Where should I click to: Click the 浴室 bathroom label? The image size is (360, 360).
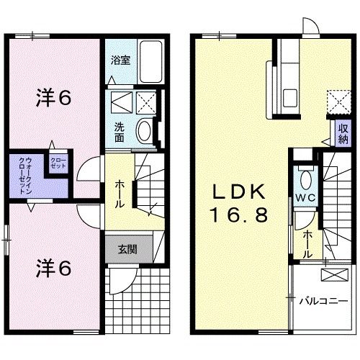click(x=120, y=61)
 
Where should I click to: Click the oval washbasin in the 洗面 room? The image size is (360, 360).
click(x=143, y=130)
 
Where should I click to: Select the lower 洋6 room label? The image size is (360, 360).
click(x=53, y=267)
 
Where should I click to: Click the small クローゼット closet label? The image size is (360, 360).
click(x=57, y=163)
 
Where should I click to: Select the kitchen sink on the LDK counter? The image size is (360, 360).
click(x=290, y=96)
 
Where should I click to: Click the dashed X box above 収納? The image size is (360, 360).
click(x=336, y=100)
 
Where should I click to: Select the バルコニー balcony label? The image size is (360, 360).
click(x=323, y=300)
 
